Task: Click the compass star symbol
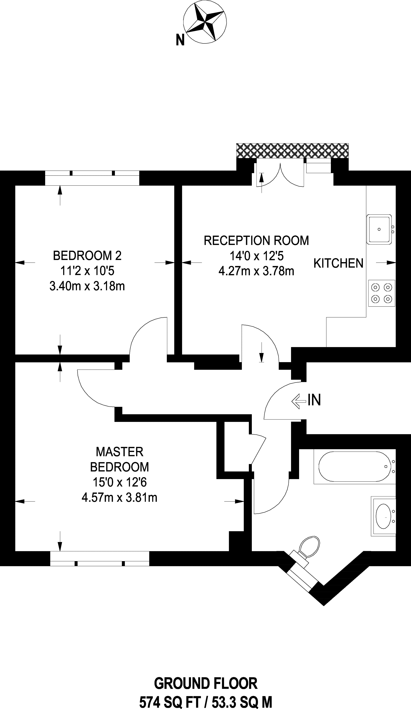coord(205,22)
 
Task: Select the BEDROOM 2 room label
coord(87,256)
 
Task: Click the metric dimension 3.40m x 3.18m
coord(87,286)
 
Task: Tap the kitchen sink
coord(379,229)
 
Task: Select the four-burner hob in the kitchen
coord(381,293)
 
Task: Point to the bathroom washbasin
coord(384,516)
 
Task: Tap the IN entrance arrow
coord(298,401)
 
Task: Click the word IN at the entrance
coord(314,400)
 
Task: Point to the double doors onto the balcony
coord(280,175)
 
